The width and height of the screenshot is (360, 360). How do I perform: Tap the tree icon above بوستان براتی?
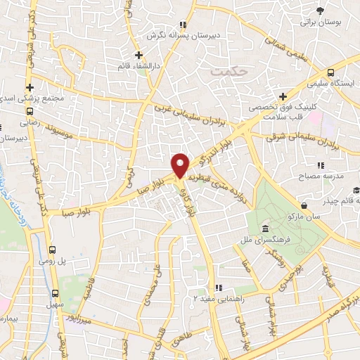(321, 11)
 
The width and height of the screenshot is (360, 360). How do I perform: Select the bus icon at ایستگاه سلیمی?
(330, 72)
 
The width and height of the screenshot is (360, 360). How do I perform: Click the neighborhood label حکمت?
(225, 72)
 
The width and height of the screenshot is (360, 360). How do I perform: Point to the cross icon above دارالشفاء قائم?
(139, 54)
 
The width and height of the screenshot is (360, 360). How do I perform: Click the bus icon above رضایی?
(30, 111)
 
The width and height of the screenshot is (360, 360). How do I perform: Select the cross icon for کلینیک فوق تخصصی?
(283, 96)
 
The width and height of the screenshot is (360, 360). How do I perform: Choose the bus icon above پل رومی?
(53, 250)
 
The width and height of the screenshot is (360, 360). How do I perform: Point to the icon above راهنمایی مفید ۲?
(218, 288)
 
